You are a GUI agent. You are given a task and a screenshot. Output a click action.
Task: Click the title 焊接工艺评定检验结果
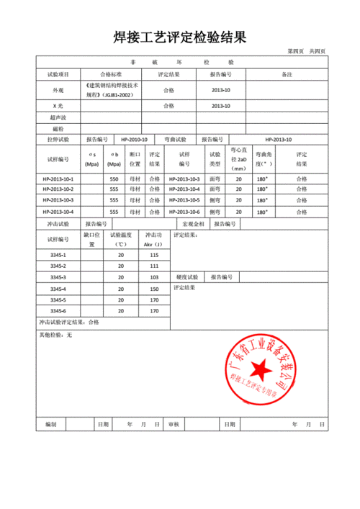[x=180, y=37]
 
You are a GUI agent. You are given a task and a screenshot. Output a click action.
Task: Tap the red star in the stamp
[x=262, y=371]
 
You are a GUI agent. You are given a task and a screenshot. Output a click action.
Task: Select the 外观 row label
[x=58, y=91]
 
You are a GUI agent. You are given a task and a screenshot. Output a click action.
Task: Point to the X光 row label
[x=58, y=107]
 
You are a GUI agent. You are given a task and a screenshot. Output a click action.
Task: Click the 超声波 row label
[x=58, y=117]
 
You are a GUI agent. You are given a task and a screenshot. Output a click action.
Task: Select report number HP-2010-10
[x=134, y=139]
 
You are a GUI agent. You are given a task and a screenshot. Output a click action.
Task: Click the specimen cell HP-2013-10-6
[x=184, y=212]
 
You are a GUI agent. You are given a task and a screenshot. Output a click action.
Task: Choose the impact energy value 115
[x=153, y=256]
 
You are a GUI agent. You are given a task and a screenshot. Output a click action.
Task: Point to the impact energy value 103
[x=153, y=277]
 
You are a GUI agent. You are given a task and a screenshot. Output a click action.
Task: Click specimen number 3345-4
[x=58, y=289]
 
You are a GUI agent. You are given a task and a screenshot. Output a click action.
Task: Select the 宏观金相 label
[x=193, y=224]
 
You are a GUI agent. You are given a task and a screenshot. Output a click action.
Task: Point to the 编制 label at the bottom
[x=50, y=425]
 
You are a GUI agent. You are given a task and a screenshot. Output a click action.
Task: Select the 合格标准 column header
[x=111, y=74]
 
